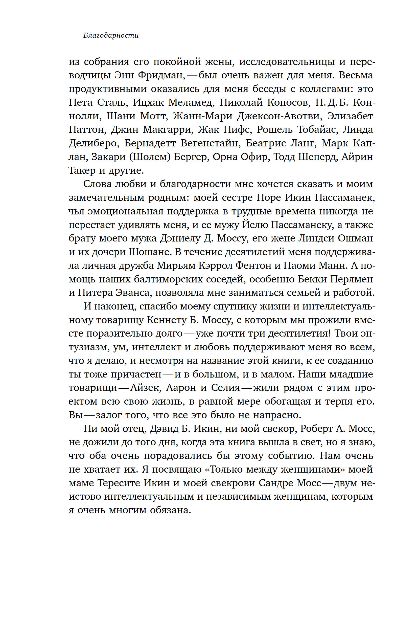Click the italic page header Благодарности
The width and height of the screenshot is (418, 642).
tap(111, 35)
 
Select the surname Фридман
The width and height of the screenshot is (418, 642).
tap(161, 75)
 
